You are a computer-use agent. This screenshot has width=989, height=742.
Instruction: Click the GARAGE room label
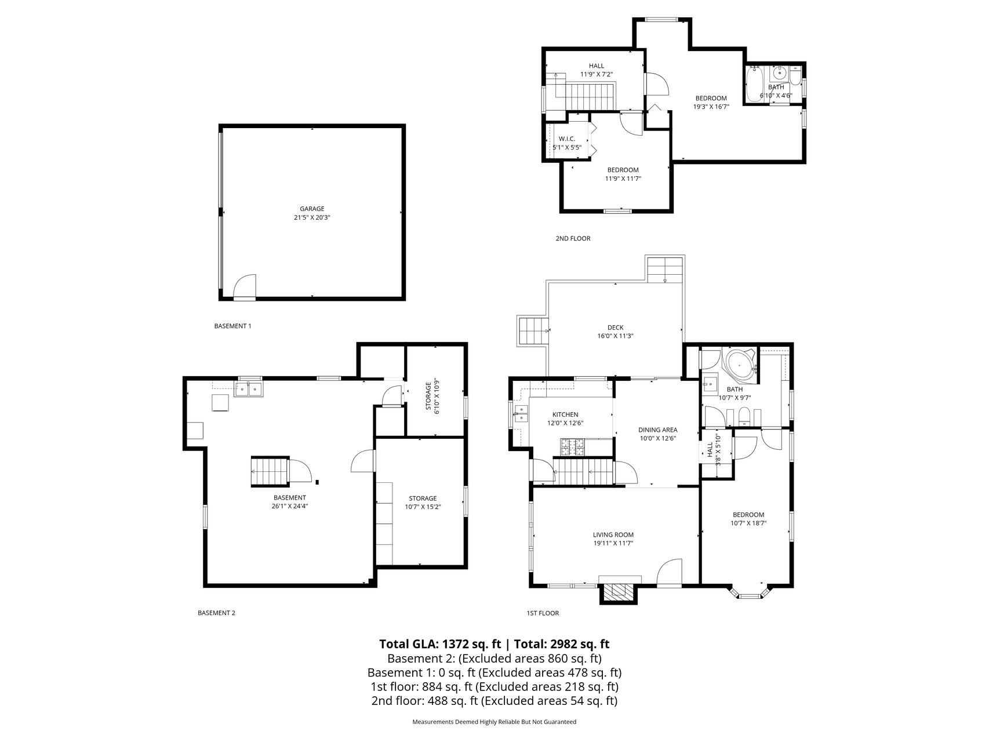point(312,209)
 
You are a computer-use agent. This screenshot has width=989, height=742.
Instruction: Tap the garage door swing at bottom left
point(245,287)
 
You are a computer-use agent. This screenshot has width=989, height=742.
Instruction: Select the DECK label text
point(615,328)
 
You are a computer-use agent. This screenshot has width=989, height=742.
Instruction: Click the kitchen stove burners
point(572,447)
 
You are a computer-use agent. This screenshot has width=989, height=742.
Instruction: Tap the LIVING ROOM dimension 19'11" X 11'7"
point(613,544)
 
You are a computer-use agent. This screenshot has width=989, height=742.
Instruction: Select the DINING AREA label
point(658,430)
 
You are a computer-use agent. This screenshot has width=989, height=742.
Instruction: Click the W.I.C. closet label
point(566,139)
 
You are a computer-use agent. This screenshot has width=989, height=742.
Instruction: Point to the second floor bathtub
point(754,85)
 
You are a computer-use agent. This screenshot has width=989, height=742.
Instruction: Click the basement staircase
point(269,472)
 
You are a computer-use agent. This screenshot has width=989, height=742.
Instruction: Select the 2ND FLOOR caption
point(573,238)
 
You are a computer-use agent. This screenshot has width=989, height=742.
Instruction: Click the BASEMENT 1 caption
point(232,326)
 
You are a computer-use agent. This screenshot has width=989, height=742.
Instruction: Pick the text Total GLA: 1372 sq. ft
point(439,643)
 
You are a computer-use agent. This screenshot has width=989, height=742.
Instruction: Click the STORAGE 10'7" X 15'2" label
point(423,503)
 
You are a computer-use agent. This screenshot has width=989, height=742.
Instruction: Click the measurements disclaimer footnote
point(494,722)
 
